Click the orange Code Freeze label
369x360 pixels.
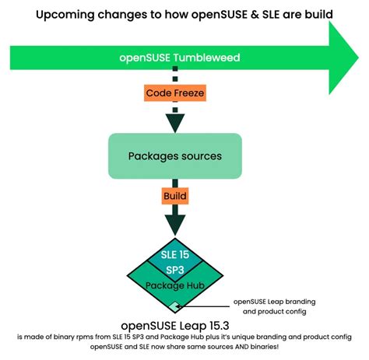tap(176, 93)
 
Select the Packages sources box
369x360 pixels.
tap(175, 156)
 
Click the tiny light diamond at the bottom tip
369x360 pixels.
tap(177, 306)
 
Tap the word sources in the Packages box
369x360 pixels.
tap(199, 156)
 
